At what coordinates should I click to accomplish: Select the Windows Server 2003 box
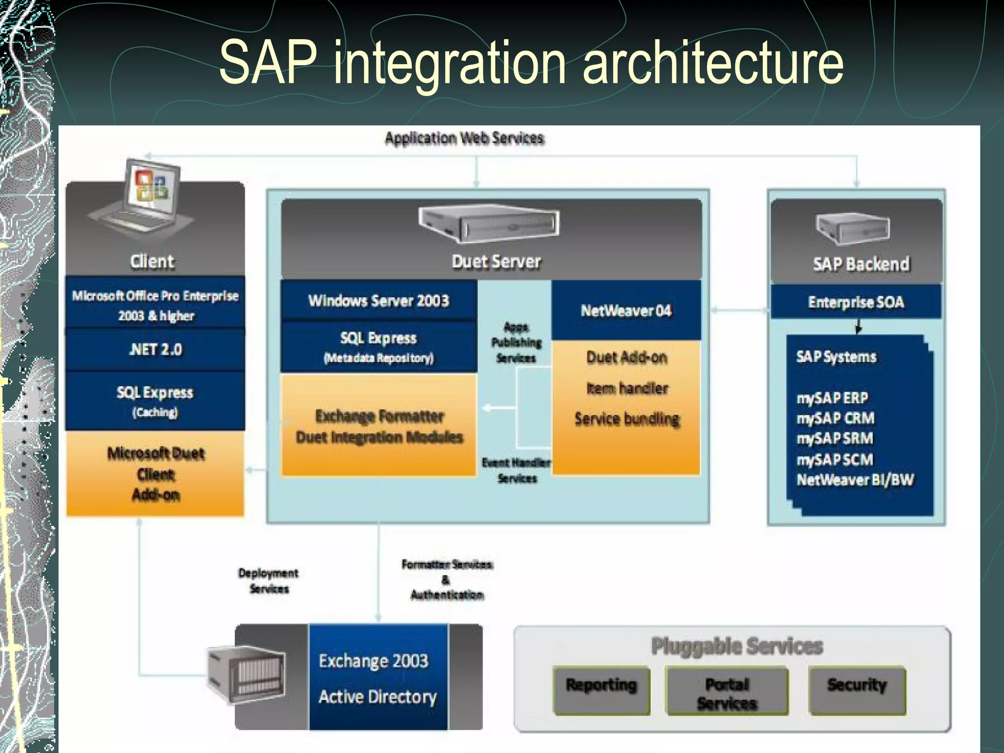point(378,301)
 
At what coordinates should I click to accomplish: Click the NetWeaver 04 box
point(626,311)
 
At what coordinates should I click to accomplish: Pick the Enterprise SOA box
point(856,302)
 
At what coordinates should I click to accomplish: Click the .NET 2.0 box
point(155,350)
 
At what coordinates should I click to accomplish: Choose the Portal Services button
point(727,693)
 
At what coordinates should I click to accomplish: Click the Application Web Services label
point(464,139)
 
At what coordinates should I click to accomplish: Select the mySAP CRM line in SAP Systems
point(835,418)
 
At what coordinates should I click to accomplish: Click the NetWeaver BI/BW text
point(855,479)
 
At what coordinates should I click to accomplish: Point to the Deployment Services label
point(269,580)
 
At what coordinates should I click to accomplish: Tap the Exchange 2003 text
point(374,661)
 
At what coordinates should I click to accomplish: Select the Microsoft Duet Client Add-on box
point(155,474)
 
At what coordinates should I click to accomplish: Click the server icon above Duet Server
point(488,224)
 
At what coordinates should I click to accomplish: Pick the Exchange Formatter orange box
point(379,426)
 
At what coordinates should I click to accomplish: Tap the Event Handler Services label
point(517,470)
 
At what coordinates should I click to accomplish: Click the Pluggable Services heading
point(736,646)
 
